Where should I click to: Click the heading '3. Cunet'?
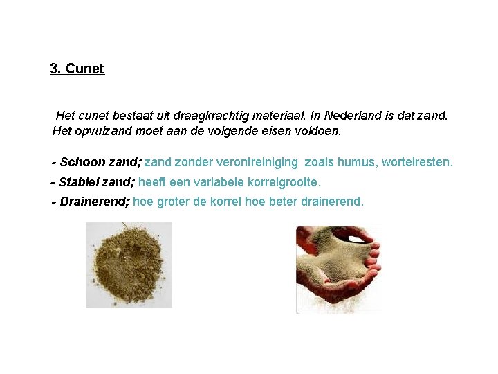(x=77, y=69)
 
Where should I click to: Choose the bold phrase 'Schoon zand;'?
(x=101, y=162)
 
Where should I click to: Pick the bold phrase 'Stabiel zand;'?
(x=97, y=182)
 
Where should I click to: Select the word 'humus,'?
(x=360, y=162)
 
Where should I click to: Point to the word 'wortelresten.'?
(x=418, y=162)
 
